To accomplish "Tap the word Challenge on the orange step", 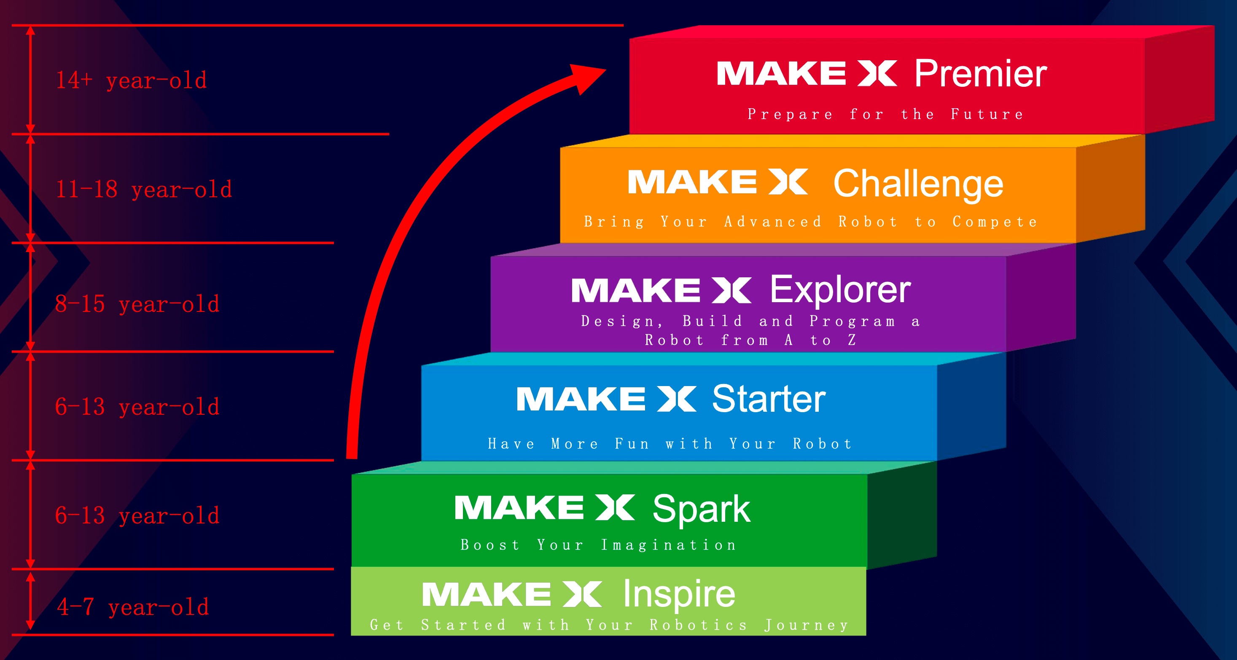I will click(x=918, y=184).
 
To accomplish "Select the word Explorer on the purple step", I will click(x=840, y=290).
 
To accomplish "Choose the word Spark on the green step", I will click(x=701, y=509).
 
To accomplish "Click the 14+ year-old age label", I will click(x=132, y=80).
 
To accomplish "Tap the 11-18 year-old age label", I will click(x=144, y=190).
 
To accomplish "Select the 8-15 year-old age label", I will click(x=137, y=304).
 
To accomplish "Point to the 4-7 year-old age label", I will click(x=133, y=607).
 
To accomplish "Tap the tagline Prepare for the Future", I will click(x=885, y=114).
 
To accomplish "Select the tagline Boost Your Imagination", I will click(x=598, y=545).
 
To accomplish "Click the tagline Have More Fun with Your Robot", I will click(x=670, y=444).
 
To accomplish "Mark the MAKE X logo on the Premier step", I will click(x=806, y=73).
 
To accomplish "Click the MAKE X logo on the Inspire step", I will click(x=512, y=594).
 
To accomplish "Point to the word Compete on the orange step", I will click(x=995, y=222).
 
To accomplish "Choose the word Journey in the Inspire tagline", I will click(x=806, y=625).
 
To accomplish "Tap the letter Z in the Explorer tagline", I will click(x=852, y=340).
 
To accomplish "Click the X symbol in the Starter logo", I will click(x=677, y=399).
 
